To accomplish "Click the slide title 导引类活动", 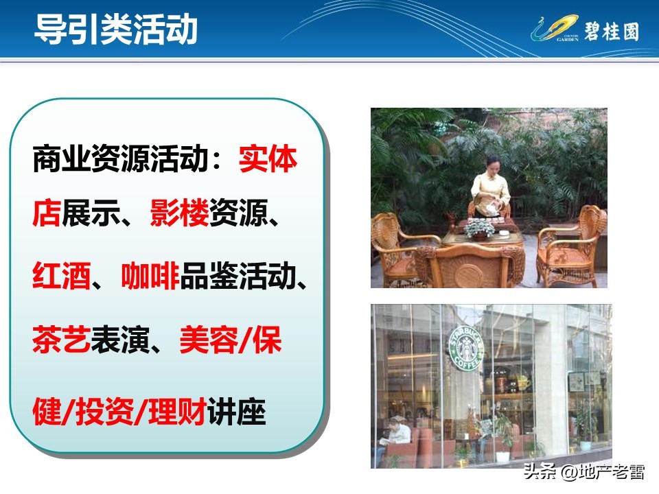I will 116,30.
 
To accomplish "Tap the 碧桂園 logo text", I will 611,31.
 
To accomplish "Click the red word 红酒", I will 62,278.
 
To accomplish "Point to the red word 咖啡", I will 150,278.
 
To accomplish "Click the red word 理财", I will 178,413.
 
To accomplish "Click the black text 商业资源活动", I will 119,161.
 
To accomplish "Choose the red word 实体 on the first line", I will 268,161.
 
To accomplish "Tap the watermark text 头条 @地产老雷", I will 583,472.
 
